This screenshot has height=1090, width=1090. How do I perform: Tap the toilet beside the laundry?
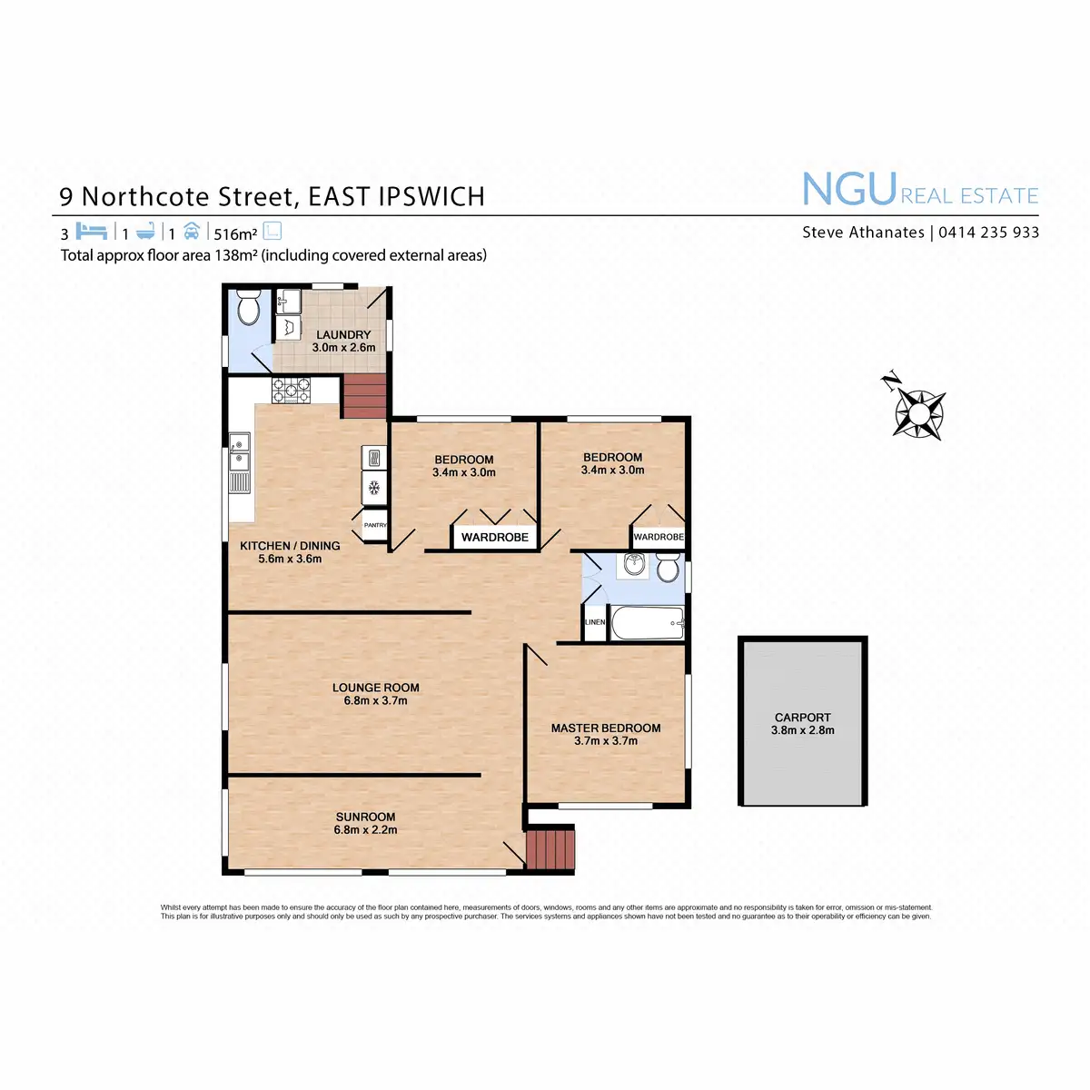pos(247,310)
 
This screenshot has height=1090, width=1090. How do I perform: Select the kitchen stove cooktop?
pos(291,390)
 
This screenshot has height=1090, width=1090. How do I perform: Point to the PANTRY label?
pos(375,525)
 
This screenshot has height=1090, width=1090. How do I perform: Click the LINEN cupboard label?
pos(595,622)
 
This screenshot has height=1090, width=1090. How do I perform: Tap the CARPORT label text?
pos(802,718)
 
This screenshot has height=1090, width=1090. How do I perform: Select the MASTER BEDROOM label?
pos(606,728)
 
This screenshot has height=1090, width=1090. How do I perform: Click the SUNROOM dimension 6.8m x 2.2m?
pos(365,829)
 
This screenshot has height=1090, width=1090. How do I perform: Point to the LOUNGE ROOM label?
pos(375,688)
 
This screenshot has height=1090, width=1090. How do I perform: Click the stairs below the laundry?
pos(365,397)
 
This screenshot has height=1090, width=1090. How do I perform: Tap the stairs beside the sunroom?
pos(550,847)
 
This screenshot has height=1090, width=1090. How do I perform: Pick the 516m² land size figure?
pos(235,233)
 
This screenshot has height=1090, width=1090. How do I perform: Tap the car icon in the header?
pos(191,231)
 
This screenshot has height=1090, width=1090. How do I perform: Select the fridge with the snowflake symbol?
pos(374,488)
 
